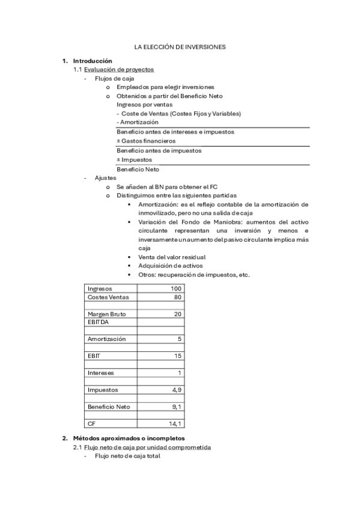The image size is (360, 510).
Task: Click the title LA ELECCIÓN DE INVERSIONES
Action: pyautogui.click(x=180, y=46)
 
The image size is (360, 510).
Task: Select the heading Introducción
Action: pyautogui.click(x=93, y=61)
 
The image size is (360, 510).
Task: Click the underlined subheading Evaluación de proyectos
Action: pyautogui.click(x=118, y=70)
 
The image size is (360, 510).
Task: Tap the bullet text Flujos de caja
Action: pyautogui.click(x=114, y=78)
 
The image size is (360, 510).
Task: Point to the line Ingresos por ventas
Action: pyautogui.click(x=141, y=105)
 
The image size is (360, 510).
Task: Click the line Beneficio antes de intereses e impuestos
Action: pyautogui.click(x=175, y=132)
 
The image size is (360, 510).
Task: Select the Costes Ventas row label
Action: pyautogui.click(x=108, y=297)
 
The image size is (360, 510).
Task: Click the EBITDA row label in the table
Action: pyautogui.click(x=98, y=322)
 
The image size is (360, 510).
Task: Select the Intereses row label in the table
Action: pyautogui.click(x=101, y=373)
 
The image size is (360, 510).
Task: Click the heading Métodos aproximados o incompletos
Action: pyautogui.click(x=129, y=438)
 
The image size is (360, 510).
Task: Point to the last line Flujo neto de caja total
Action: pyautogui.click(x=127, y=456)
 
